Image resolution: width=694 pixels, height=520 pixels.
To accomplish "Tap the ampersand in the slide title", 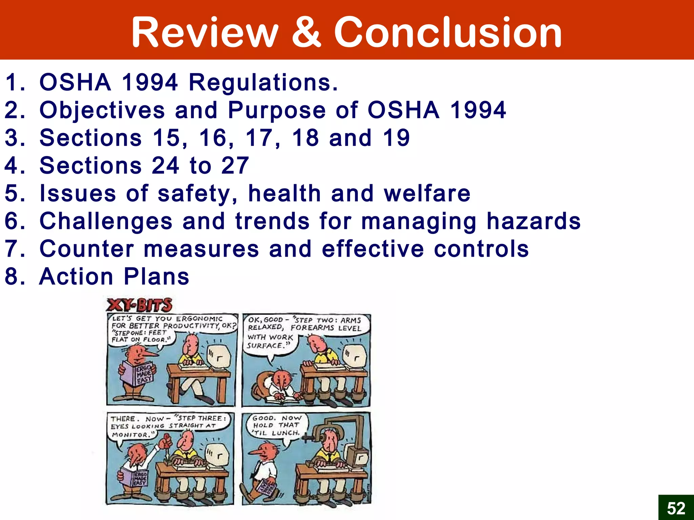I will pos(306,32).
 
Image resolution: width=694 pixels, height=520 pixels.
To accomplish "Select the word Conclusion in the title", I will pos(448,32).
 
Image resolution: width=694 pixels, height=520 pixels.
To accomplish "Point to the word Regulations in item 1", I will pos(263,83).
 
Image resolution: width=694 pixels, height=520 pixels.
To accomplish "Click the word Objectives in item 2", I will pos(102,110).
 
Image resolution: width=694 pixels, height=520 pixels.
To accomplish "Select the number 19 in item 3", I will pos(396,138).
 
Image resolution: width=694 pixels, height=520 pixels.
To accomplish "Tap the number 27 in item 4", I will pos(235,166).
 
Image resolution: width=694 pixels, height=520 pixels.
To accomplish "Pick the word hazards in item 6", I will pos(534,221).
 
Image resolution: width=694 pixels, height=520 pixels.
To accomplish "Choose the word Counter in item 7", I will pos(87,249).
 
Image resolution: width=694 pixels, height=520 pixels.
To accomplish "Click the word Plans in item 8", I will pos(156,277).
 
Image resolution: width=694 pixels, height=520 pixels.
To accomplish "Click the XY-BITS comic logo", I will pos(139,305).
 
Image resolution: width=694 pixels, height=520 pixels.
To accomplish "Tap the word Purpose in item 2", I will pos(277,110).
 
